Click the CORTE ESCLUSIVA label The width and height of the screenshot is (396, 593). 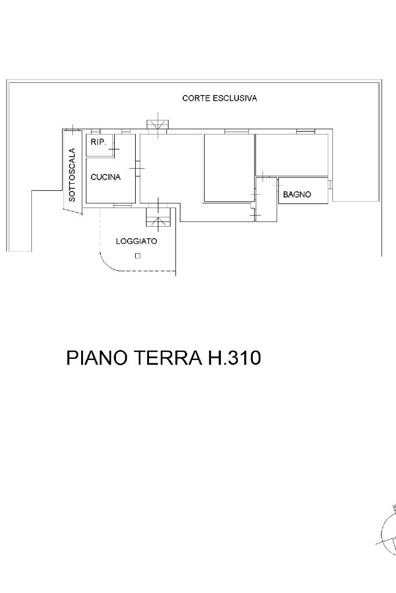(219, 99)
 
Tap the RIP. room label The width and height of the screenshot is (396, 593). (99, 143)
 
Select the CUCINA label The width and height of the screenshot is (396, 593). (106, 177)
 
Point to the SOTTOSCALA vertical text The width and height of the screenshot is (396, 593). (72, 174)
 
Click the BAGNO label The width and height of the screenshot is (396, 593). (297, 194)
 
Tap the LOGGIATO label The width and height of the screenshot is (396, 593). (136, 241)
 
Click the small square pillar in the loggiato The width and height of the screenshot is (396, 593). (137, 256)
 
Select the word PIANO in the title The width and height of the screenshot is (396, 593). (96, 358)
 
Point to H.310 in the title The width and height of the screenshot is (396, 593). (234, 358)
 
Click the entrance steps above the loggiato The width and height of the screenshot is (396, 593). (158, 217)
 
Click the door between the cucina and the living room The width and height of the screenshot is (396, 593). (137, 168)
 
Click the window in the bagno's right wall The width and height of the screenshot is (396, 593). (330, 184)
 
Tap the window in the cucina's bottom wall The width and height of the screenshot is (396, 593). (122, 206)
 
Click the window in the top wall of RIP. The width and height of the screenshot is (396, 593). (95, 132)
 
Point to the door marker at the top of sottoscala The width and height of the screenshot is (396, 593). (72, 129)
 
